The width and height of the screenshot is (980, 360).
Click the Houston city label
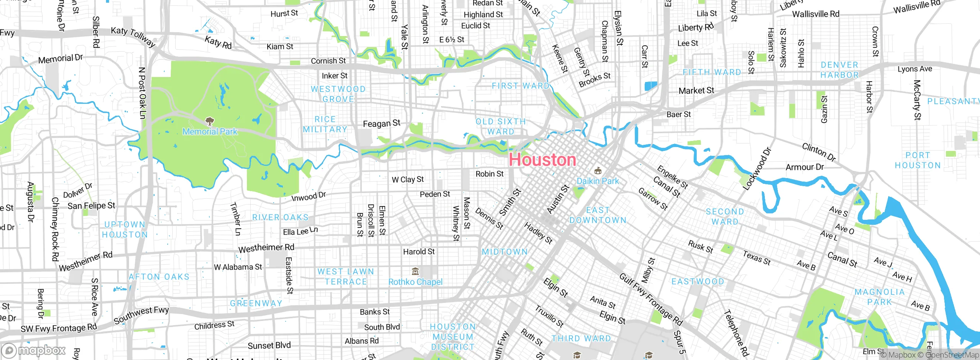pos(542,160)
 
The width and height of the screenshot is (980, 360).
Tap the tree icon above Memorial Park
pos(209,122)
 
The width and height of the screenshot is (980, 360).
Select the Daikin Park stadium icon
pos(598,170)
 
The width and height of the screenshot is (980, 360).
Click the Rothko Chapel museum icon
pos(415,272)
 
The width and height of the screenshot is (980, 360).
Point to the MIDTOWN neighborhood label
pos(505,252)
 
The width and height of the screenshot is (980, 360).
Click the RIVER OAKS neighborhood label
pos(280,217)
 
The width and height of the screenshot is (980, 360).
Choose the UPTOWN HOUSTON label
pos(125,229)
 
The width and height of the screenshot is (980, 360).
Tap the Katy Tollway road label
pos(133,37)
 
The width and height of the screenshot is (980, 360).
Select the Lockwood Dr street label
pos(756,169)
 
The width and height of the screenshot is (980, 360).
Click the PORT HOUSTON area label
pos(918,160)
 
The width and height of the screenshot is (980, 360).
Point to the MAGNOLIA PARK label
pos(880,297)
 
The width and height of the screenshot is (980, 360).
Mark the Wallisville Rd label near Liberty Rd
pos(815,14)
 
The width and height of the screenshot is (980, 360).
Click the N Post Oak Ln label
pos(142,93)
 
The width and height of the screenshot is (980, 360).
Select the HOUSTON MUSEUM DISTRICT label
pos(453,337)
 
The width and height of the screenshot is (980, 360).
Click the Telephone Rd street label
pos(736,333)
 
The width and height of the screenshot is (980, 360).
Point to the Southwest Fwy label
pos(141,314)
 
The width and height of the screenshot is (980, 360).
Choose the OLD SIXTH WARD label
pos(501,126)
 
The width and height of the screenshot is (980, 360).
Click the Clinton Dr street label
pos(819,152)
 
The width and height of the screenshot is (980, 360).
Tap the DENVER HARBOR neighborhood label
pos(840,70)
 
